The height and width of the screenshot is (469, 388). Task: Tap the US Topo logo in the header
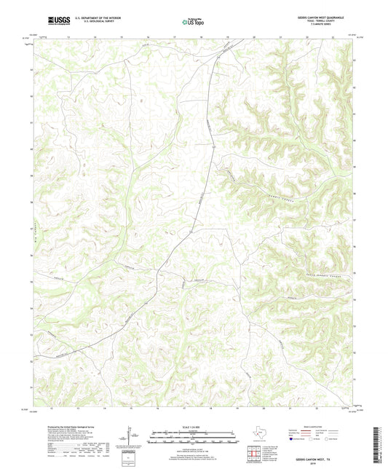click(x=193, y=22)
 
